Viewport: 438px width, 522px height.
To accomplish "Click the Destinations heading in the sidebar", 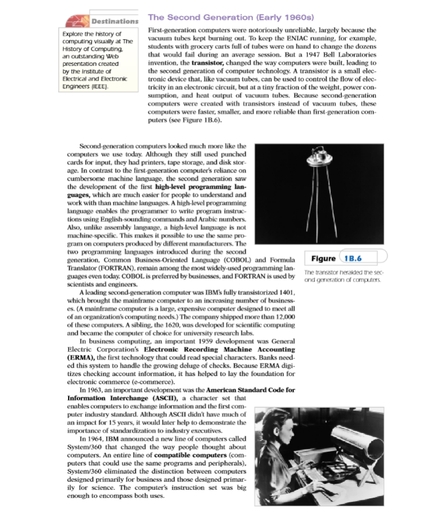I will [x=114, y=21].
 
